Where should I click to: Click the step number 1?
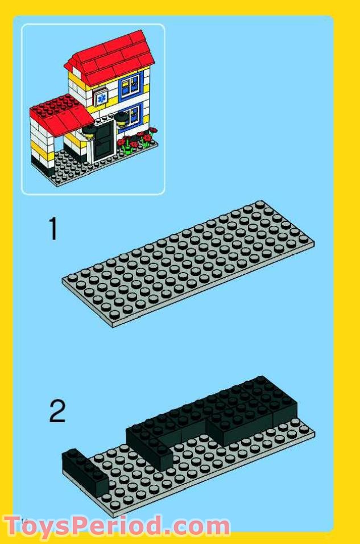click(53, 229)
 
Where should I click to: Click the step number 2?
click(57, 411)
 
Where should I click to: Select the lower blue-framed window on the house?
click(131, 114)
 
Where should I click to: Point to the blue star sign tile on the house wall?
click(101, 97)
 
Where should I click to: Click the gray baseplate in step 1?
click(188, 262)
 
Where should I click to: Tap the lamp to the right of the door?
click(121, 121)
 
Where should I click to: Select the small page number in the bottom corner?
click(24, 520)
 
